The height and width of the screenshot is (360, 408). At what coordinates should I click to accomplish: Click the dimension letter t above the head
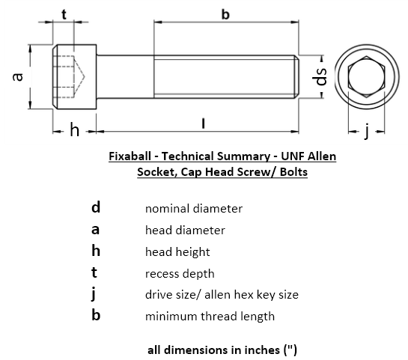click(64, 14)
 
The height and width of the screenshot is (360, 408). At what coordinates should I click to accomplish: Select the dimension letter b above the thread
click(225, 14)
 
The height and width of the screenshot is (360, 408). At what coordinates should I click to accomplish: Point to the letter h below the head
click(74, 131)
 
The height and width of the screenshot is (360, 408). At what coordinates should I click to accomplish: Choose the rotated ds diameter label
click(321, 76)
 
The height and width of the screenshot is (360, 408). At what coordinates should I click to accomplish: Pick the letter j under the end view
click(367, 132)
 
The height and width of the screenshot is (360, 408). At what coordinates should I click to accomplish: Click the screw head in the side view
click(75, 77)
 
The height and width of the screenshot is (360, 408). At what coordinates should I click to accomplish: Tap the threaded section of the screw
click(225, 77)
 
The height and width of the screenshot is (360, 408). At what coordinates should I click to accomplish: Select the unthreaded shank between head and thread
click(125, 77)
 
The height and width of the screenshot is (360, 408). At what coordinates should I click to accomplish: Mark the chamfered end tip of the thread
click(297, 77)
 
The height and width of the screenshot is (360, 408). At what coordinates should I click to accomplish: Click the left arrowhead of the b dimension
click(157, 23)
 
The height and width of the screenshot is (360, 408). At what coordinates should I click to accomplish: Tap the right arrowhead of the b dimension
click(295, 23)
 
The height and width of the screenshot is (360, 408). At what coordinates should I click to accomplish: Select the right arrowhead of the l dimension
click(295, 132)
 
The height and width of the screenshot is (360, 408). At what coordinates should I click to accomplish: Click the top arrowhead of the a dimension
click(30, 49)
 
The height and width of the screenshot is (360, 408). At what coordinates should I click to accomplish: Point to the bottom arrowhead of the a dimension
click(30, 105)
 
